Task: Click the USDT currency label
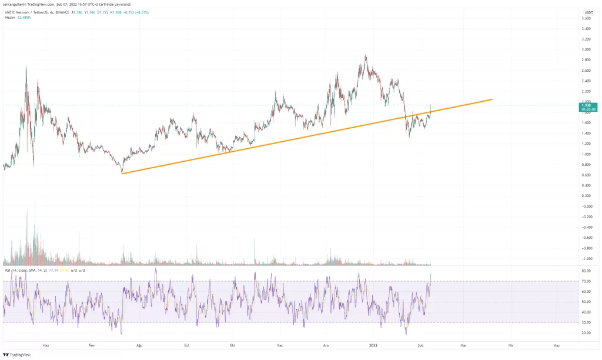[588, 12]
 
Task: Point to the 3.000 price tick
[587, 50]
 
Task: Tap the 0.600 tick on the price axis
[587, 175]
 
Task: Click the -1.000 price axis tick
[587, 258]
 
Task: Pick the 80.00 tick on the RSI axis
[587, 271]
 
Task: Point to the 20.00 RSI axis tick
[587, 333]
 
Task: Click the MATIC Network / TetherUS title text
[29, 12]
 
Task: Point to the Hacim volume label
[10, 18]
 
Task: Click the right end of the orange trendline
[491, 99]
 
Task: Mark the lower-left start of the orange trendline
[122, 173]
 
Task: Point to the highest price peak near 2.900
[366, 55]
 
